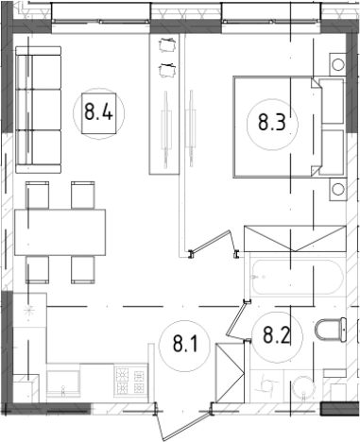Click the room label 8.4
[x=98, y=112]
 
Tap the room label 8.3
[x=272, y=123]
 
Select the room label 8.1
[x=185, y=344]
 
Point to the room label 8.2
[x=276, y=334]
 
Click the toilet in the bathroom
[x=331, y=330]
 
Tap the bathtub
[x=298, y=278]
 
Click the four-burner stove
[x=130, y=381]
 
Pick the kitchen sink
[x=63, y=382]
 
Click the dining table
[x=60, y=232]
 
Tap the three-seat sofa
[x=39, y=110]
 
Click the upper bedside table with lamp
[x=337, y=64]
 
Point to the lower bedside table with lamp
[x=338, y=189]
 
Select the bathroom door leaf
[x=237, y=319]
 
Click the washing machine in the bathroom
[x=267, y=385]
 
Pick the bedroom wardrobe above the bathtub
[x=295, y=238]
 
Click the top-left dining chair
[x=37, y=195]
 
